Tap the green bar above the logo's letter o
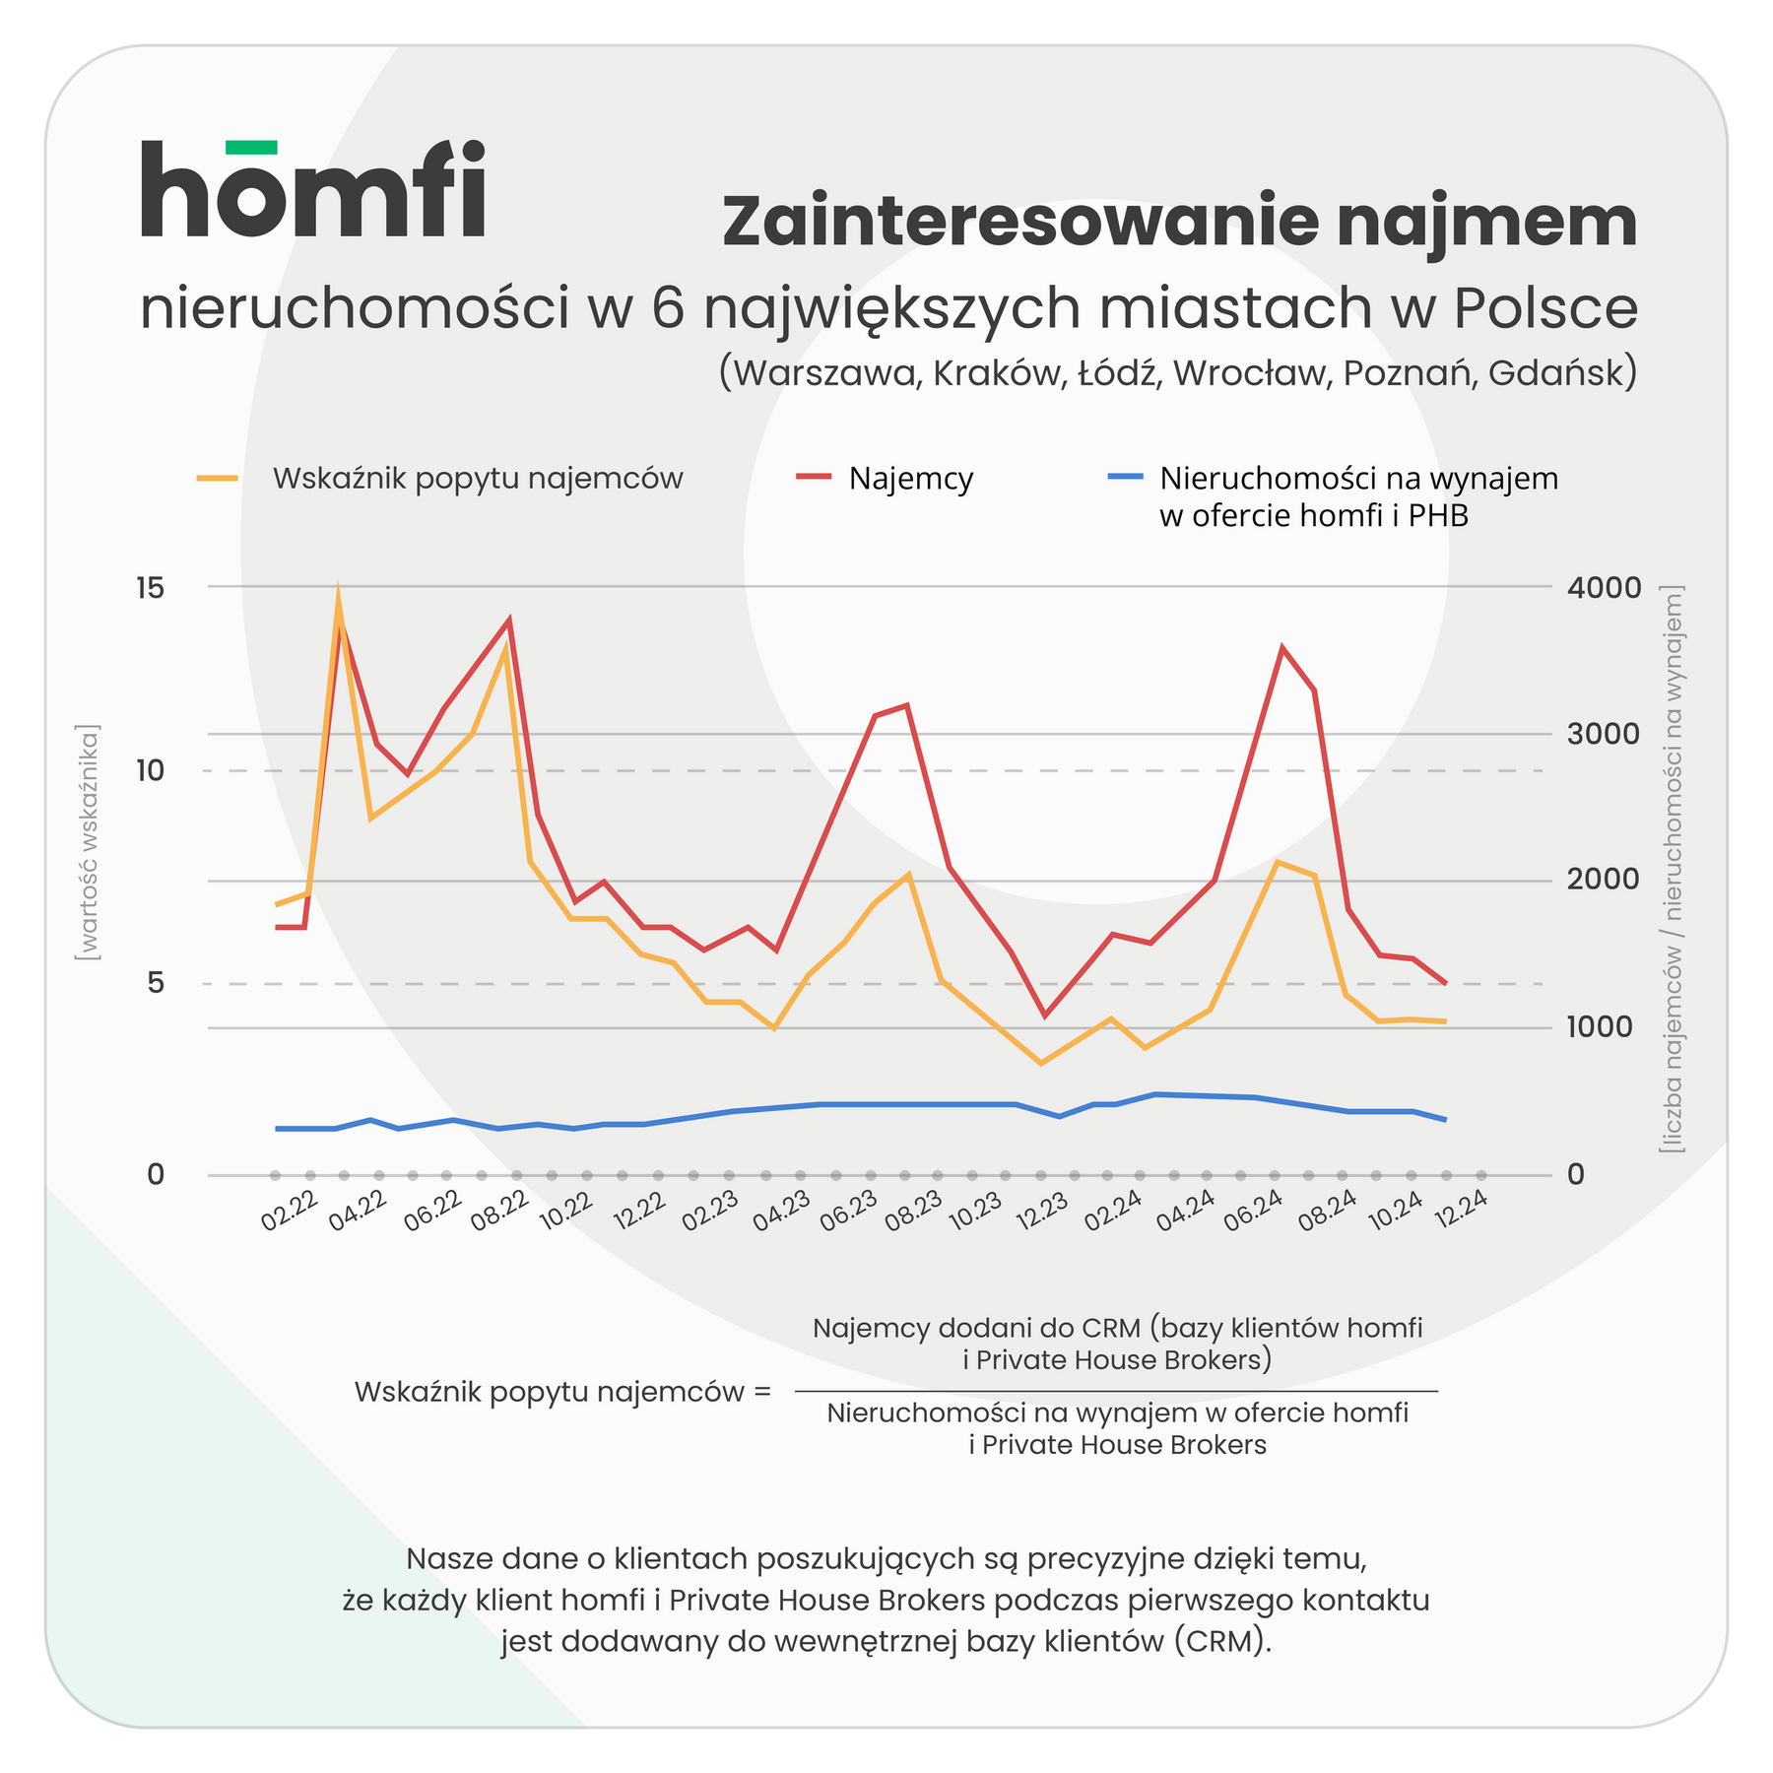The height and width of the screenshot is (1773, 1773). pyautogui.click(x=251, y=148)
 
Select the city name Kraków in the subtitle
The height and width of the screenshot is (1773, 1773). pyautogui.click(x=999, y=373)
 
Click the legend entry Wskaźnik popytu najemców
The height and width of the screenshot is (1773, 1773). pyautogui.click(x=477, y=479)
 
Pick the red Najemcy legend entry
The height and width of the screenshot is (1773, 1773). pyautogui.click(x=910, y=479)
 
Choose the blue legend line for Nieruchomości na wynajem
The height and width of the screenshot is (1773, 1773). pyautogui.click(x=1125, y=477)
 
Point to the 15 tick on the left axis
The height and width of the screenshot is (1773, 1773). pyautogui.click(x=150, y=588)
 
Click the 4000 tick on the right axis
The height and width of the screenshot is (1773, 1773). pyautogui.click(x=1604, y=588)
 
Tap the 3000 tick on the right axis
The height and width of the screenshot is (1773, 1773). pyautogui.click(x=1604, y=734)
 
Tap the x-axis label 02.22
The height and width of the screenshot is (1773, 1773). pyautogui.click(x=289, y=1211)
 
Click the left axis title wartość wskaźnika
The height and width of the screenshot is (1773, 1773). pyautogui.click(x=88, y=843)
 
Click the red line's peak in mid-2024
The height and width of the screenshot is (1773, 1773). pyautogui.click(x=1281, y=648)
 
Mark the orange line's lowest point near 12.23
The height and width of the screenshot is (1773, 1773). pyautogui.click(x=1041, y=1063)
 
